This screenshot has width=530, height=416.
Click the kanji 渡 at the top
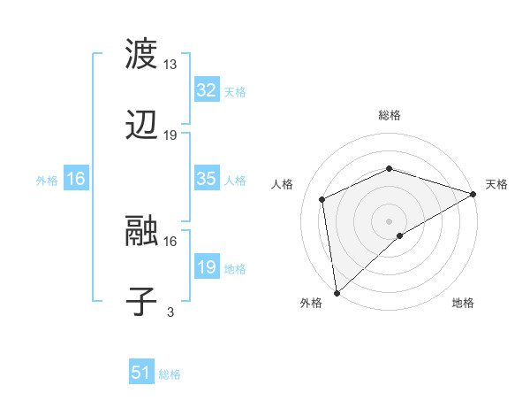coord(141,54)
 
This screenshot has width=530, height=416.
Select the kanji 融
coord(141,230)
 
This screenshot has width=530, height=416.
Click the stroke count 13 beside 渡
coord(170,65)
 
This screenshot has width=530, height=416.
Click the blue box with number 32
coord(206,90)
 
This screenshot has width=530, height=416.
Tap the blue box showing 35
coord(206,179)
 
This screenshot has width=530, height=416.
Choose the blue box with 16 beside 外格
coord(76,179)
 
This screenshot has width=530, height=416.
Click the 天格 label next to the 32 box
coord(235,91)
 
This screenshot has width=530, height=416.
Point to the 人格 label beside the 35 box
coord(235,180)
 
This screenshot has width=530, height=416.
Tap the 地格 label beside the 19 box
coord(235,268)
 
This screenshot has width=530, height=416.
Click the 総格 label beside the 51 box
coord(170,374)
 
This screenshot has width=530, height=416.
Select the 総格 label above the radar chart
coord(390,115)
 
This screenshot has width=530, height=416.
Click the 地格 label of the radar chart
coord(463,303)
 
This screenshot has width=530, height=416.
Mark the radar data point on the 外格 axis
coord(337,293)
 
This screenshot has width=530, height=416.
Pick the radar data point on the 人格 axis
coord(322,199)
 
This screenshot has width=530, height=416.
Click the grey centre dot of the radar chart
coord(390,220)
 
